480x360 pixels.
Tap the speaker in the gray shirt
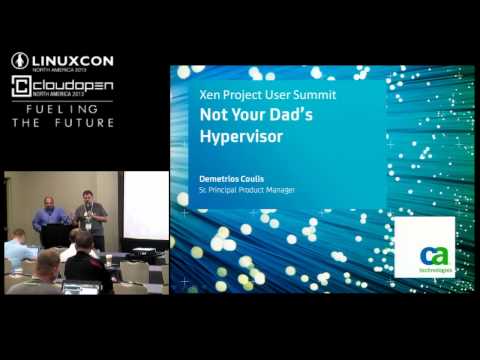[91, 218]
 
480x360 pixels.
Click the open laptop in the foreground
[79, 288]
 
